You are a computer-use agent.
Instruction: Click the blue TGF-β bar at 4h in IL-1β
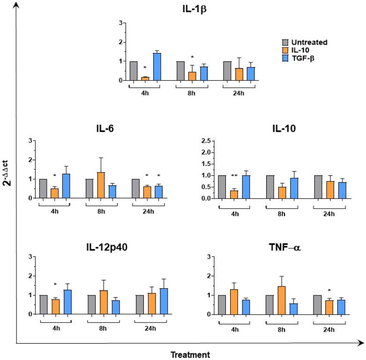tap(157, 67)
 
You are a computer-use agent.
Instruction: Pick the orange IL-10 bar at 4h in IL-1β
tap(145, 78)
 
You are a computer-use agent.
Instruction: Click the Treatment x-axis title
tap(190, 355)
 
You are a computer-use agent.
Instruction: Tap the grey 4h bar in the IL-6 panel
tap(43, 188)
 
